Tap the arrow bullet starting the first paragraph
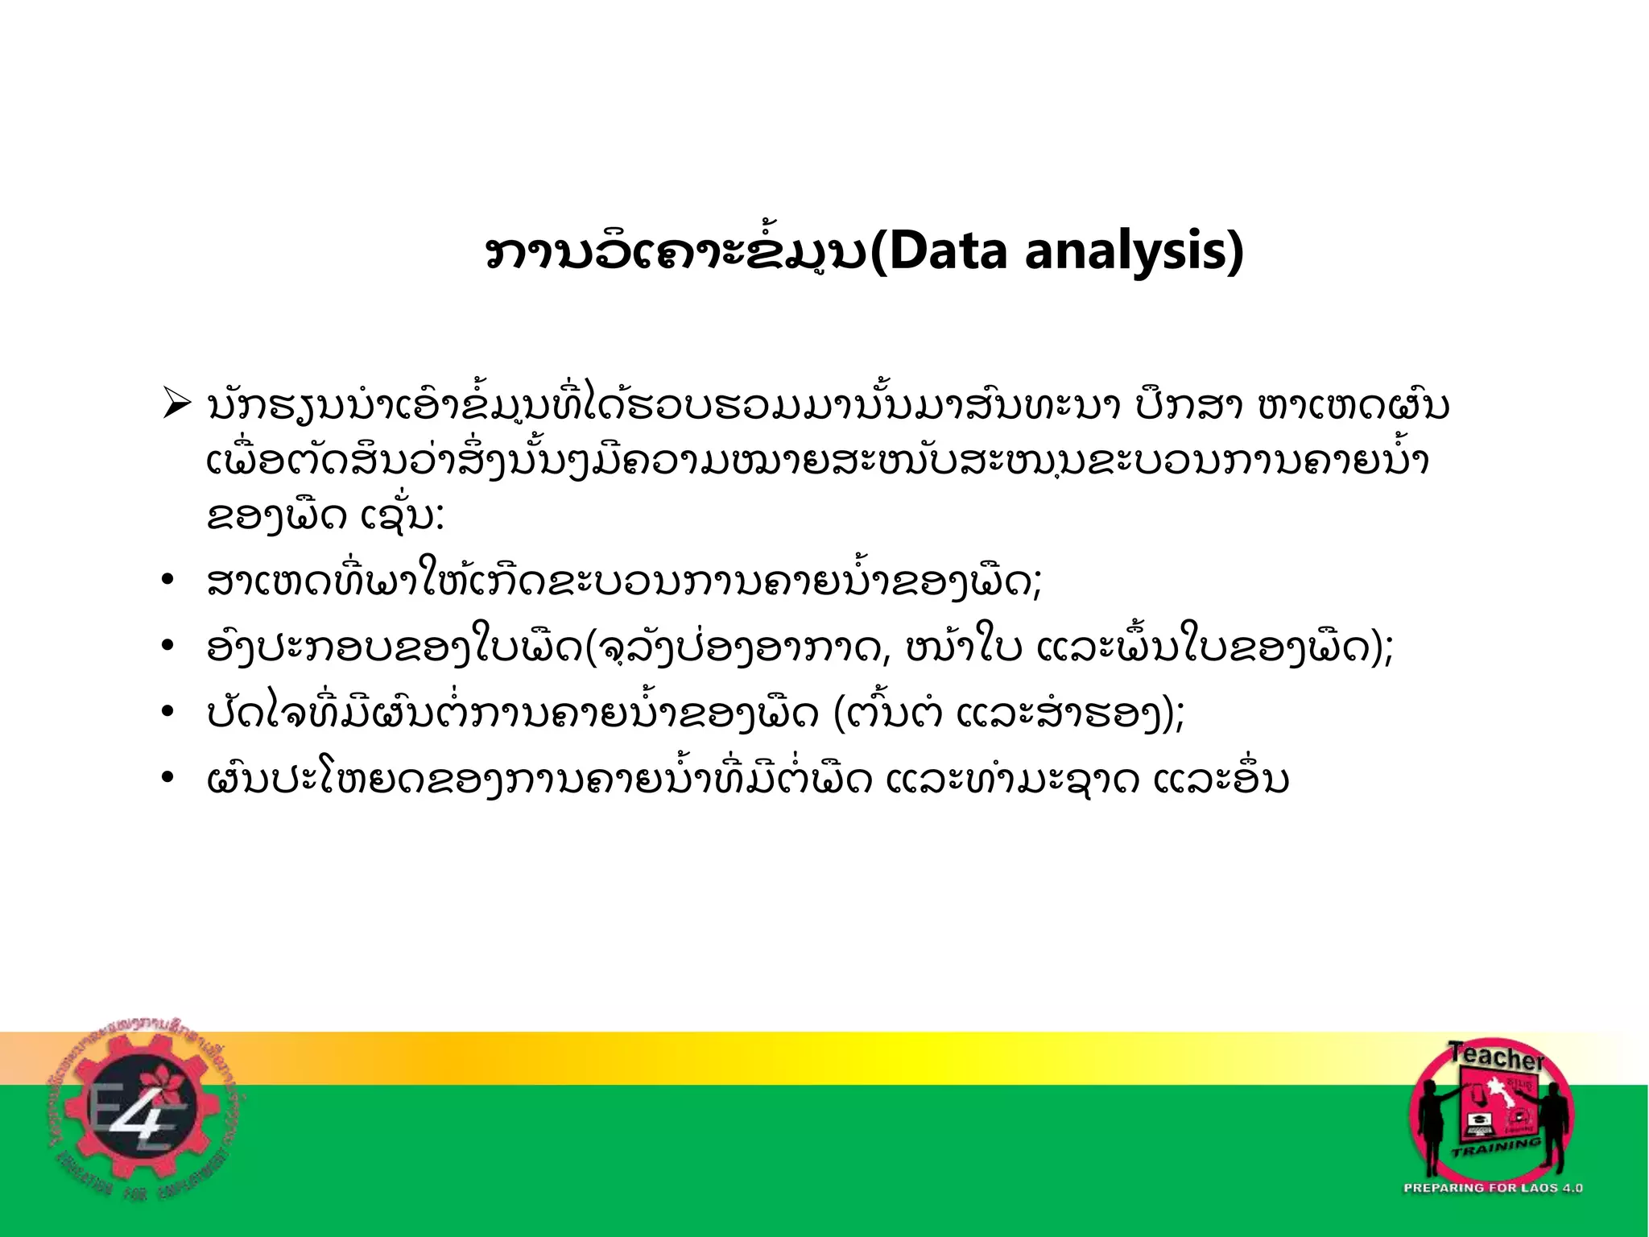click(x=176, y=403)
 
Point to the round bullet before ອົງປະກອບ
click(x=167, y=647)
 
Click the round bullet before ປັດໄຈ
click(x=167, y=713)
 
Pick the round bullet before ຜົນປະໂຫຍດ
click(x=167, y=779)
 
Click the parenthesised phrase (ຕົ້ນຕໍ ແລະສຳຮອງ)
click(x=1006, y=714)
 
